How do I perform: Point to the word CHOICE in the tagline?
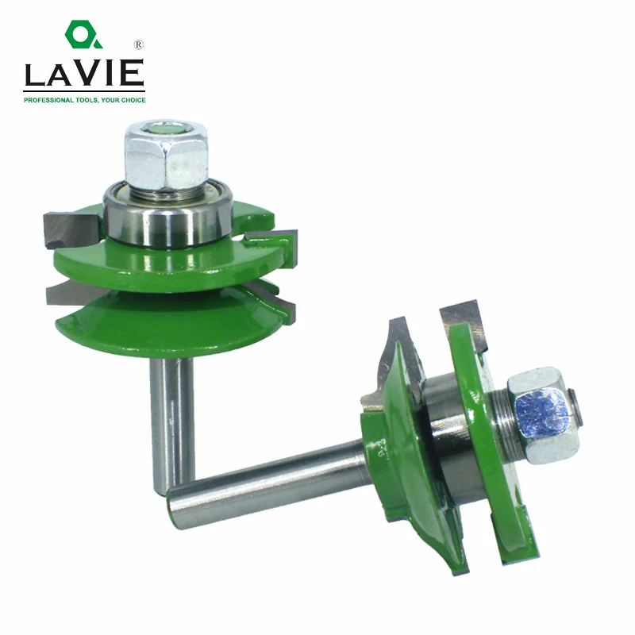[x=133, y=100]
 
